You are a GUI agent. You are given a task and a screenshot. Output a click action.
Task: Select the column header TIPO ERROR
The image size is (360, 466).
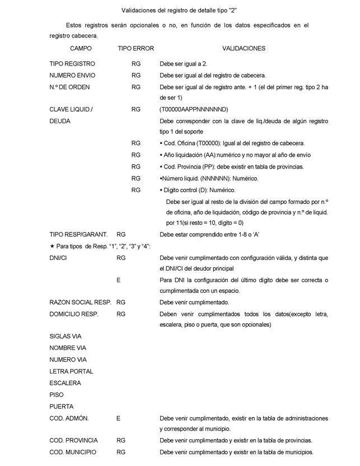click(135, 49)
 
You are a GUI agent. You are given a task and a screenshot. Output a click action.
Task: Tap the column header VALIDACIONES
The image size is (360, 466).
click(244, 49)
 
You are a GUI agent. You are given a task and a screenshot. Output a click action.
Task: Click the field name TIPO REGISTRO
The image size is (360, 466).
click(72, 64)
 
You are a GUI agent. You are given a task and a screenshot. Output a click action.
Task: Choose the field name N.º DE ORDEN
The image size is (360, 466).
click(69, 87)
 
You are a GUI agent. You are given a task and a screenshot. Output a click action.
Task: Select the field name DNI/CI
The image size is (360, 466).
click(59, 258)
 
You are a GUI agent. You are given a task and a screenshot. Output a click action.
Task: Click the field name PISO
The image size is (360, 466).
click(57, 395)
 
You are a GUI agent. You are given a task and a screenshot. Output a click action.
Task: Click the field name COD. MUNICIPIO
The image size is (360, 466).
click(73, 452)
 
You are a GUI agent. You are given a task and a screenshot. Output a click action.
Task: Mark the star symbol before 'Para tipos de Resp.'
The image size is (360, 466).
click(52, 246)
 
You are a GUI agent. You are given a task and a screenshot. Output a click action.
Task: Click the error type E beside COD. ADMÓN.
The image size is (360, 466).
click(118, 418)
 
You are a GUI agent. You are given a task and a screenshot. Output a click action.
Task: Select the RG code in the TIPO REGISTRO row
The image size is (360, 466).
click(136, 64)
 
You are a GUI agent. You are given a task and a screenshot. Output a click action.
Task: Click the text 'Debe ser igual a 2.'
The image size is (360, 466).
click(184, 64)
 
